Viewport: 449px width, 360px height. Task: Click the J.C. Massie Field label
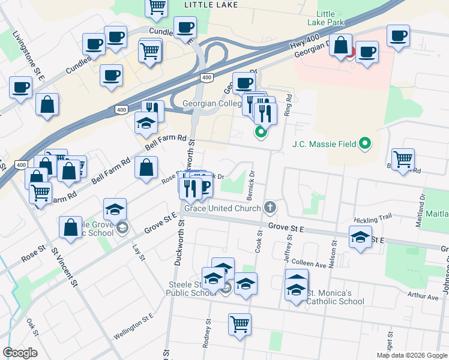tap(324, 144)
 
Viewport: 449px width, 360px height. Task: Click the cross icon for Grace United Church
tap(270, 208)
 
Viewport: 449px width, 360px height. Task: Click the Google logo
tap(20, 353)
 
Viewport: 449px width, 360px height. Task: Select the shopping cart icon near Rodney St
tap(240, 324)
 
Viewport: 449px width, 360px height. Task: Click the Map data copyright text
tap(412, 355)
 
